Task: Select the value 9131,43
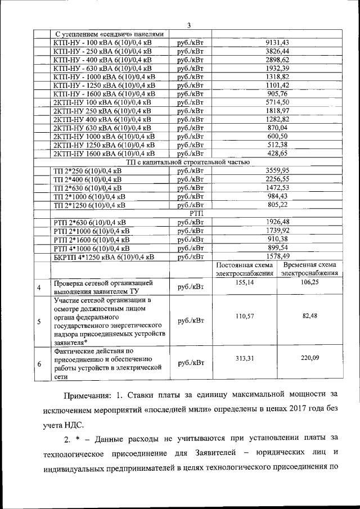coord(277,43)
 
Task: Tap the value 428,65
coord(277,153)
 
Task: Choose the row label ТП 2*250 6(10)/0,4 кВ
coord(87,170)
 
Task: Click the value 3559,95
coord(277,170)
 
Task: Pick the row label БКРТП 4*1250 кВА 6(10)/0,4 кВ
coord(103,257)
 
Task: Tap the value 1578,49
coord(277,256)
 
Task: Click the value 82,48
coord(309,316)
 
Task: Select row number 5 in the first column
coord(39,322)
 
